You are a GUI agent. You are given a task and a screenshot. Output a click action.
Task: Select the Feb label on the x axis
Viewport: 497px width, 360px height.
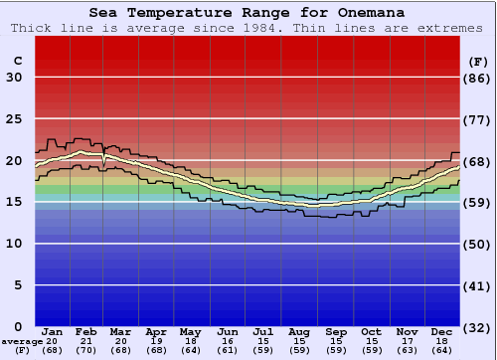[86, 331]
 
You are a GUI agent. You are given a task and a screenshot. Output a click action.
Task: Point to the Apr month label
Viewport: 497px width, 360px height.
[157, 331]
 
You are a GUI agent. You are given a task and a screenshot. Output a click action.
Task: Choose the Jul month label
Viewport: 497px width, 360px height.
[263, 331]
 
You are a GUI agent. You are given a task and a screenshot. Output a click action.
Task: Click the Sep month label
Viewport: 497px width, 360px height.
[335, 331]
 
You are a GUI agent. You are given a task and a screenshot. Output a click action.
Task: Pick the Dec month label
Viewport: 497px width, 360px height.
[442, 331]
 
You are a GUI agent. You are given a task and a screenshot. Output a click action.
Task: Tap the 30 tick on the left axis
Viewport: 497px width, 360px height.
[14, 78]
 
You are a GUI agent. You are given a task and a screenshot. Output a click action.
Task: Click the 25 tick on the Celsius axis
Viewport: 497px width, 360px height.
[14, 119]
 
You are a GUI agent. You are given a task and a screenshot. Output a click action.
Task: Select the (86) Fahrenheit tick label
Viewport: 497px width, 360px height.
[478, 78]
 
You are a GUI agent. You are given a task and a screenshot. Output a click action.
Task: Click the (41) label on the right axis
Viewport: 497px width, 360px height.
[478, 285]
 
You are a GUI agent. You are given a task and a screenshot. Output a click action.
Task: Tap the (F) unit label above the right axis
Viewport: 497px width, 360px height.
[478, 61]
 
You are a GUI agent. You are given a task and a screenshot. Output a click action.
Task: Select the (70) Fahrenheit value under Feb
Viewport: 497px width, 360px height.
[86, 350]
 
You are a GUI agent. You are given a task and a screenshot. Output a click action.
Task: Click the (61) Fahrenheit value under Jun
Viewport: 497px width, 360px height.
[228, 350]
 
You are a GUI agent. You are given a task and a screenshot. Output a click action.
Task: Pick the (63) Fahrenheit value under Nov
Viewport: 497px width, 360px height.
[407, 350]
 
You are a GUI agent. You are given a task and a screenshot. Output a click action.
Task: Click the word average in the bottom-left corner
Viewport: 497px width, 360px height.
[21, 341]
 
